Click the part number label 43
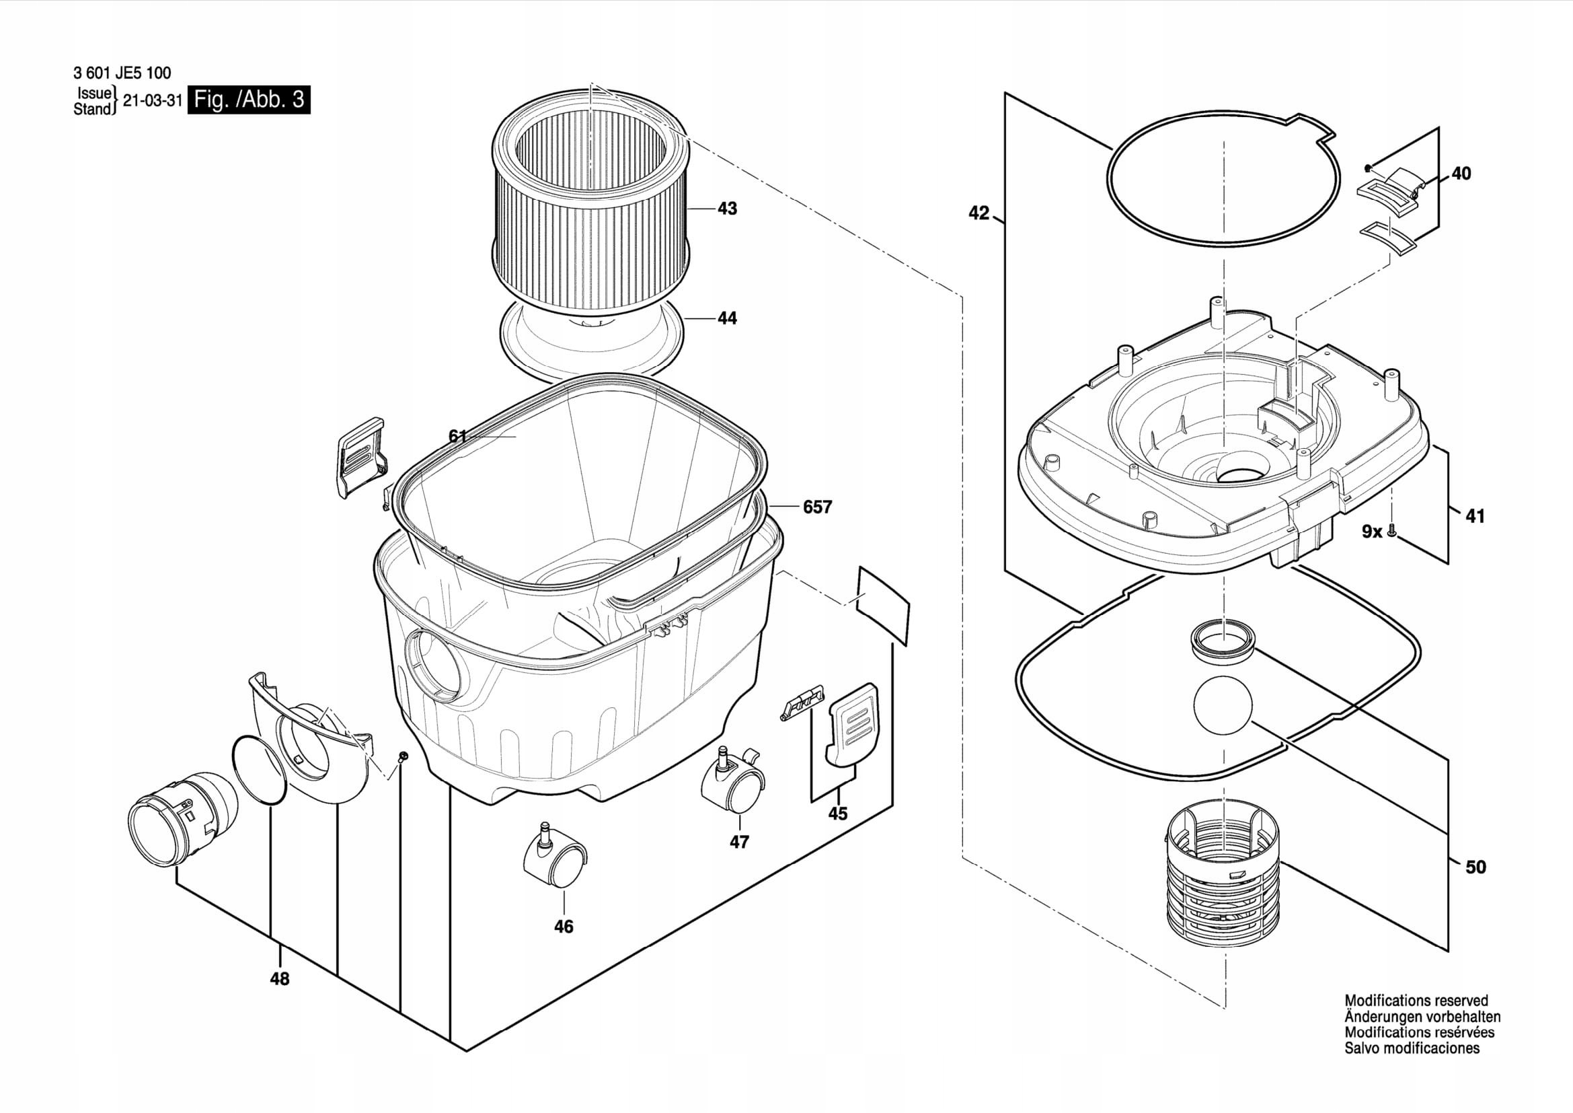[727, 209]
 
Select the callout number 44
[727, 318]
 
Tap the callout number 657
[816, 507]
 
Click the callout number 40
[1461, 174]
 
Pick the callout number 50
[1475, 867]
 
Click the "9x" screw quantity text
[1371, 531]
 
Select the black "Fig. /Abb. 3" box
[249, 100]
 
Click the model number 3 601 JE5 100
[121, 73]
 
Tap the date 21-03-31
[152, 101]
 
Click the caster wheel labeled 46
[555, 862]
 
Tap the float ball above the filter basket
[1222, 705]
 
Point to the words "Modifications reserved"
[1416, 1001]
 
